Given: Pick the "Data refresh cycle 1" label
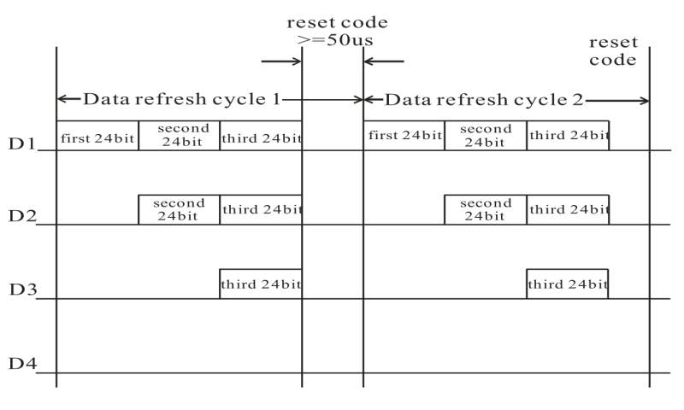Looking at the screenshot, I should (x=181, y=99).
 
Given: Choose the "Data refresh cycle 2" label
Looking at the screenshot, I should (x=484, y=99).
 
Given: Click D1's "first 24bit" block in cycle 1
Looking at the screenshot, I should (x=97, y=136).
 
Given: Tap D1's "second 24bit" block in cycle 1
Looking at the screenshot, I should (x=179, y=136).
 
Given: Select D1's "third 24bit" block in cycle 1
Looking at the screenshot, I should (x=261, y=136).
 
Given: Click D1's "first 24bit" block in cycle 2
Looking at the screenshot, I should (x=404, y=136).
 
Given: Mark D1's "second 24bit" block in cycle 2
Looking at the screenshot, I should (x=485, y=136).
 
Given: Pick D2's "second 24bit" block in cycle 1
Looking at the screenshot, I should (x=179, y=209).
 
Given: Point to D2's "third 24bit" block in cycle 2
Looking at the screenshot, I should (x=568, y=209).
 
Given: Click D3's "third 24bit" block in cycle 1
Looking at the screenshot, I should (x=261, y=284).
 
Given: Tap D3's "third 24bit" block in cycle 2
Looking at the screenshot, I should (x=568, y=284).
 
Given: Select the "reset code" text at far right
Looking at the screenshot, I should (x=613, y=51).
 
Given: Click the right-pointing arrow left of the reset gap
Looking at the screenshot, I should (x=281, y=61).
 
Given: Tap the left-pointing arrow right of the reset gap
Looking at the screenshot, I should (x=384, y=61).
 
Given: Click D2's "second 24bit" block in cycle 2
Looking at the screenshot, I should (x=485, y=209).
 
